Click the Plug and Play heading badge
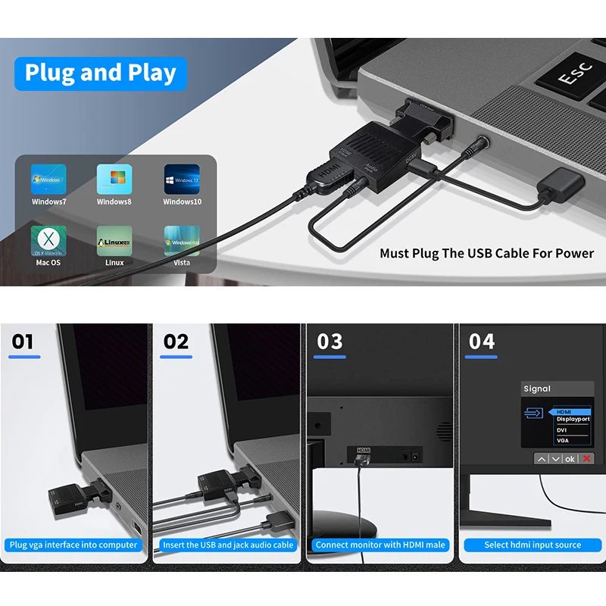pos(101,73)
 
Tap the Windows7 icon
pos(48,180)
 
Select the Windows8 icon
pos(114,180)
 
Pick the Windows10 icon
pos(182,180)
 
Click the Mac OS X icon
pos(48,240)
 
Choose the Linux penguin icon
pos(114,240)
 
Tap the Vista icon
pos(182,240)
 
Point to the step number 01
pos(23,342)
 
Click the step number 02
pos(176,342)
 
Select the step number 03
pos(330,342)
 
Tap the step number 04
pos(482,342)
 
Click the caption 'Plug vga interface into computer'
pos(73,545)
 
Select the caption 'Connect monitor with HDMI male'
pos(381,545)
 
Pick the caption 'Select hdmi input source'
pos(533,545)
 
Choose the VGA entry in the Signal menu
pos(563,440)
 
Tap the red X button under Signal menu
pos(586,459)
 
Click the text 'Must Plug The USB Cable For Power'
pos(486,254)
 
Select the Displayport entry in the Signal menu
pos(573,420)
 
